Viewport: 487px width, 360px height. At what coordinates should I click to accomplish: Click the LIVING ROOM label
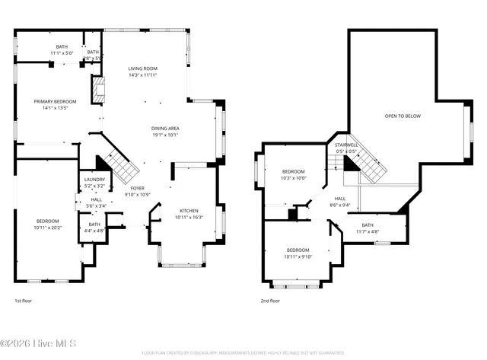pos(142,68)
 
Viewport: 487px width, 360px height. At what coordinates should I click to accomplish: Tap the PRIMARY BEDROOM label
pos(51,101)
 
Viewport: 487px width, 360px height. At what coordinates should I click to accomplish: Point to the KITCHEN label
pos(189,211)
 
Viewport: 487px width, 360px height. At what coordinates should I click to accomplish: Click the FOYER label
pos(137,187)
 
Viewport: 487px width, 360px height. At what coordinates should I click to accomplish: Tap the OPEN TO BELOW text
pos(402,116)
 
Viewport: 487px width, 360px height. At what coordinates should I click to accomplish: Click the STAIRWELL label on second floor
pos(346,145)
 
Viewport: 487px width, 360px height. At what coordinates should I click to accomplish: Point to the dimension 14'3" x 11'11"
pos(142,75)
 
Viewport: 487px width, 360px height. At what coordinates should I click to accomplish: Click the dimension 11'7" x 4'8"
pos(368,231)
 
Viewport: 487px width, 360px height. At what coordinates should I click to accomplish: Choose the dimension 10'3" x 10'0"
pos(293,178)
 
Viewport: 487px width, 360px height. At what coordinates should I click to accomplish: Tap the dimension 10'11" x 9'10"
pos(298,256)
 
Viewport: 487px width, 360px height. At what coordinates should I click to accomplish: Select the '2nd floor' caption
pos(270,301)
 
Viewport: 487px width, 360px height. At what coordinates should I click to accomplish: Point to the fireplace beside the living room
pos(97,90)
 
